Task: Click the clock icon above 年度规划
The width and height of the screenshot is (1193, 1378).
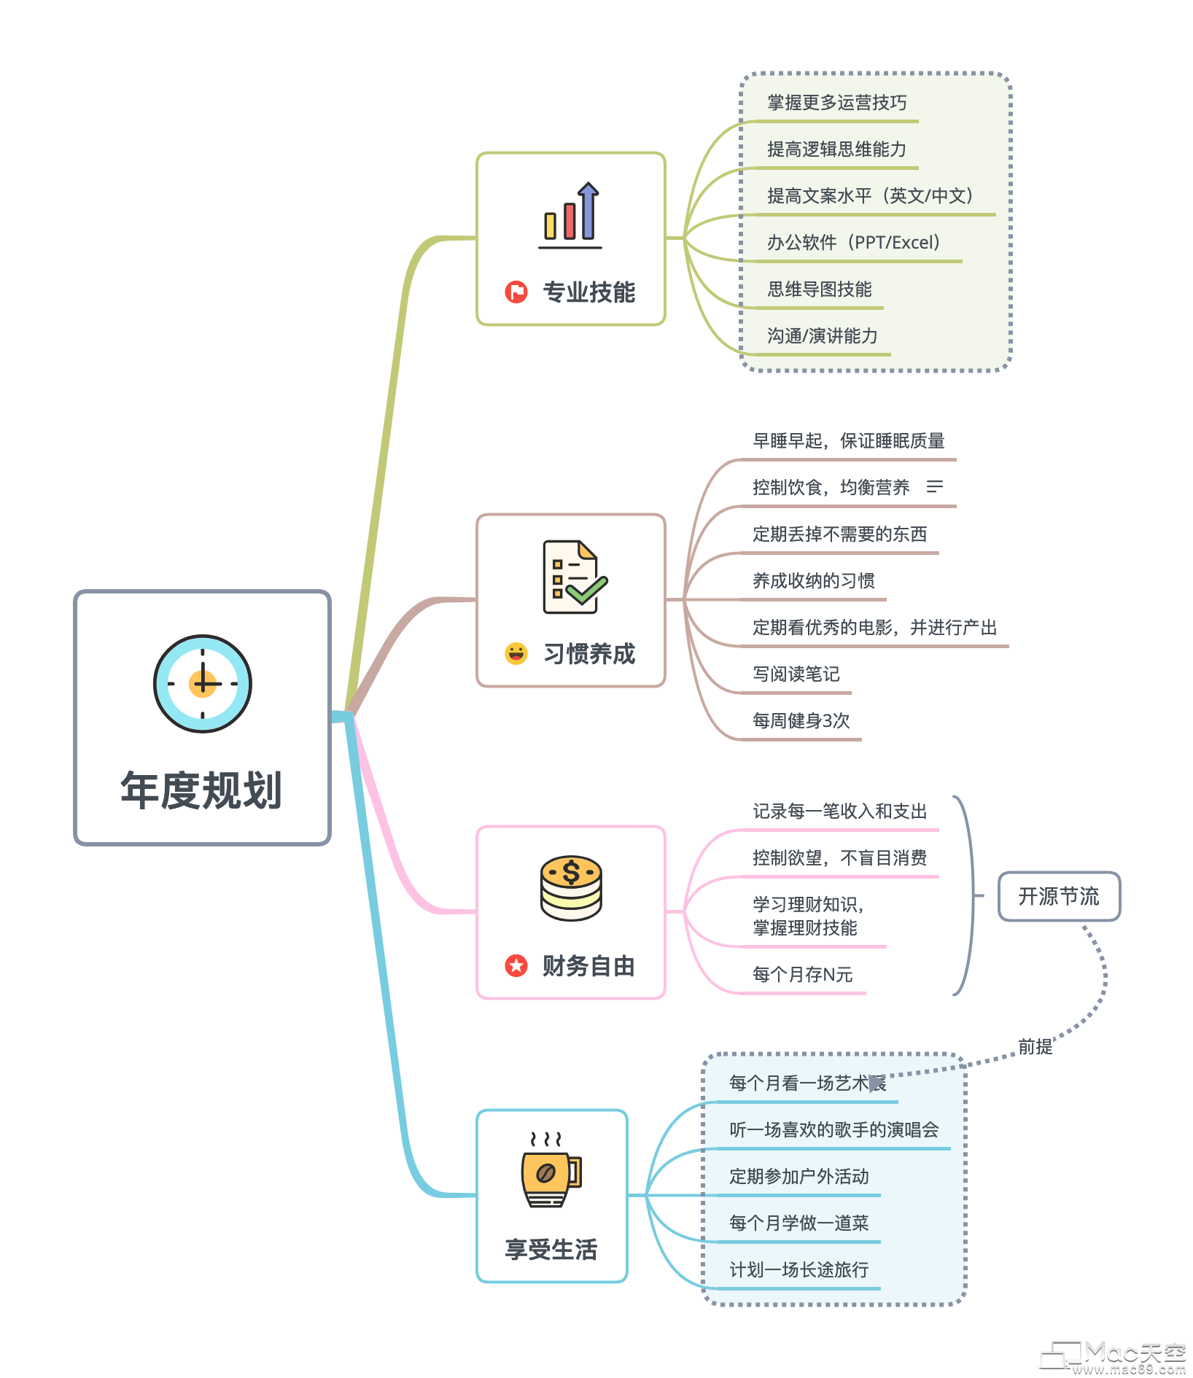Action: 203,683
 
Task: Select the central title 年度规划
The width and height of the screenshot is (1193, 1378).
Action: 201,790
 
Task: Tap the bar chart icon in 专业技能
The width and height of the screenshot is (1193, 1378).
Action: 571,215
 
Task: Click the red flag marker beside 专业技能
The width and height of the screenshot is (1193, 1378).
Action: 516,292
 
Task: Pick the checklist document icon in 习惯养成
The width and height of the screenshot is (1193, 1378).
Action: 573,577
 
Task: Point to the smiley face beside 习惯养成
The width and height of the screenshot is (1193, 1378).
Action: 516,653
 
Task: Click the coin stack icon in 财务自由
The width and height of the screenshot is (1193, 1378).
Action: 571,887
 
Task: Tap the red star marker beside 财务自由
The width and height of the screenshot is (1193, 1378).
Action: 516,965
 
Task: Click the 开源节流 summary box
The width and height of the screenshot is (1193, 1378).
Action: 1059,896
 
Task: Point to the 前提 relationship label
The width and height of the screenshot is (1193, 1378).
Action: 1035,1047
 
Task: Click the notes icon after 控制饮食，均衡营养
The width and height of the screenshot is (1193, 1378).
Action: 934,486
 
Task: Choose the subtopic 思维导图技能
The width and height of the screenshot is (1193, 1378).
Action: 819,289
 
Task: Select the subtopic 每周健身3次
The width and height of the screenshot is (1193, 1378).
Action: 801,721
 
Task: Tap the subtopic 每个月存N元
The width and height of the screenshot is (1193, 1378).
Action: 802,974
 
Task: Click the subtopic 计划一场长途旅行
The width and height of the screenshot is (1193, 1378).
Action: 798,1269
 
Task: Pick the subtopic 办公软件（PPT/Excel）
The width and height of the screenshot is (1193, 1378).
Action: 853,243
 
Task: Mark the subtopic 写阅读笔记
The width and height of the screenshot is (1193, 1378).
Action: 796,674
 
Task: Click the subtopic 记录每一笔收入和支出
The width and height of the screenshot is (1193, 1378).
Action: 839,811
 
